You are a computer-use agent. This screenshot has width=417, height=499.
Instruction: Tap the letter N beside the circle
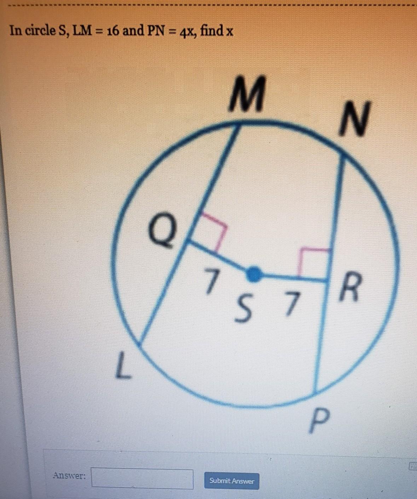tap(355, 119)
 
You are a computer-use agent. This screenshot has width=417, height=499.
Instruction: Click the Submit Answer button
tap(232, 481)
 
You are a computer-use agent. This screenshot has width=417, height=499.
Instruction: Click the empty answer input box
tap(142, 478)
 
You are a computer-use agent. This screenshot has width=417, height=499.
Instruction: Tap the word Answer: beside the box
tap(69, 476)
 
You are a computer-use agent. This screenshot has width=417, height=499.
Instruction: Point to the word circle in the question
tap(38, 31)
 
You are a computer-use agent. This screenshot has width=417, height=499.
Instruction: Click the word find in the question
tap(212, 31)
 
